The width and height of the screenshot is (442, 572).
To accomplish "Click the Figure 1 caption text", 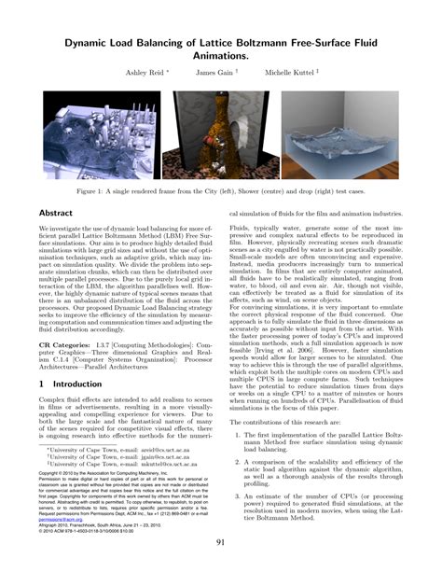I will (x=220, y=189).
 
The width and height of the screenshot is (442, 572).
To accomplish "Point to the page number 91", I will (x=221, y=543).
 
